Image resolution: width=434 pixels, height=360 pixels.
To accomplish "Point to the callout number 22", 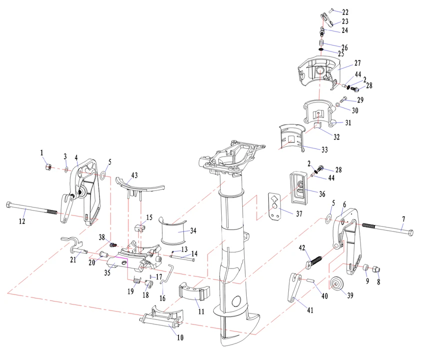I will tap(345, 11).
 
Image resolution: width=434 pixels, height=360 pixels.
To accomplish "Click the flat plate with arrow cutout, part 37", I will tap(274, 205).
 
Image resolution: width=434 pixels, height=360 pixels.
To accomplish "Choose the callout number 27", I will tap(357, 63).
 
